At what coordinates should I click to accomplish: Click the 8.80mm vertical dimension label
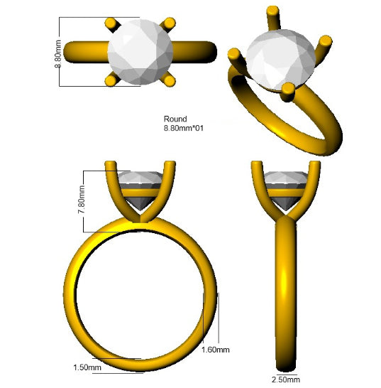(57, 54)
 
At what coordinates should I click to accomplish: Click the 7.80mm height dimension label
(82, 200)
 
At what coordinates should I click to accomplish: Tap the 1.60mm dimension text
(216, 350)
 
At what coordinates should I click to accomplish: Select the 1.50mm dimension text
(87, 367)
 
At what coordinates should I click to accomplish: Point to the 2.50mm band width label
(286, 379)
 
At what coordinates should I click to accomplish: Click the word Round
(175, 119)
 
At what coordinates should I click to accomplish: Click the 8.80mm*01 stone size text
(183, 128)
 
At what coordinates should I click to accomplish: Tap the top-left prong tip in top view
(111, 23)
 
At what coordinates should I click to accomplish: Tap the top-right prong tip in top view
(170, 23)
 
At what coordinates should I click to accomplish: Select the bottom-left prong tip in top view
(111, 81)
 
